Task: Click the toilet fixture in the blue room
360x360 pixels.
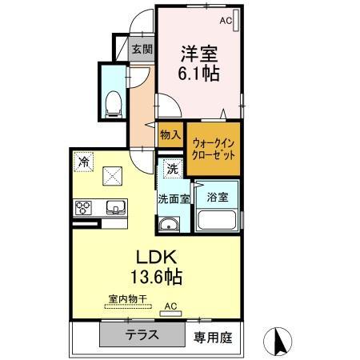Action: pyautogui.click(x=114, y=105)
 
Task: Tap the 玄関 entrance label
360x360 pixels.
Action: pyautogui.click(x=142, y=50)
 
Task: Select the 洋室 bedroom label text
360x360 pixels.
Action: pyautogui.click(x=199, y=54)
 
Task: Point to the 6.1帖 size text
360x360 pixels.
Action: pyautogui.click(x=198, y=73)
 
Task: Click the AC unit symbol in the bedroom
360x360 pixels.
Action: pyautogui.click(x=236, y=21)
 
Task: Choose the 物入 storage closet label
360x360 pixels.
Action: pyautogui.click(x=170, y=134)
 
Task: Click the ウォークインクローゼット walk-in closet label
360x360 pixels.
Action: pyautogui.click(x=214, y=150)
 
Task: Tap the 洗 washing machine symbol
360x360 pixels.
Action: pyautogui.click(x=173, y=169)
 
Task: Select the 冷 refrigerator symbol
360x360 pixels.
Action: pyautogui.click(x=84, y=162)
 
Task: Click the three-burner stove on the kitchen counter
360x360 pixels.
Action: pyautogui.click(x=83, y=208)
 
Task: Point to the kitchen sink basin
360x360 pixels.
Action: pyautogui.click(x=116, y=207)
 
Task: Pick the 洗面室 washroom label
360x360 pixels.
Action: pyautogui.click(x=174, y=199)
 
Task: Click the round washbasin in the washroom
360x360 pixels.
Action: pyautogui.click(x=169, y=224)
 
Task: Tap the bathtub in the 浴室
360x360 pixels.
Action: pyautogui.click(x=217, y=220)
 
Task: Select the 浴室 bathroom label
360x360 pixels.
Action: pyautogui.click(x=218, y=197)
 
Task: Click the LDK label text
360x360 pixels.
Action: pyautogui.click(x=157, y=258)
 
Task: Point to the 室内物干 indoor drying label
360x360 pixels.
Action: pyautogui.click(x=128, y=299)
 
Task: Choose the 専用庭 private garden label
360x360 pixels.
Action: pyautogui.click(x=213, y=338)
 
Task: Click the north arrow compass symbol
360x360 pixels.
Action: pyautogui.click(x=278, y=341)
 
